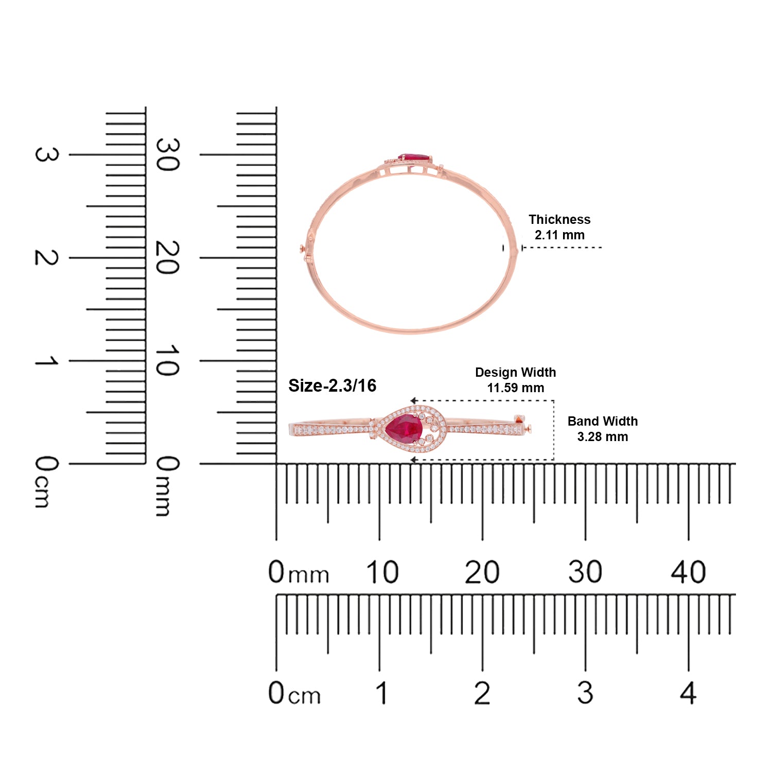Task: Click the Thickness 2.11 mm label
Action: (559, 227)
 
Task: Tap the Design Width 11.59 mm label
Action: (515, 380)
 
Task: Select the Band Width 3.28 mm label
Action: (603, 429)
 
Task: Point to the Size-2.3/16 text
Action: (332, 385)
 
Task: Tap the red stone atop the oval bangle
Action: (414, 157)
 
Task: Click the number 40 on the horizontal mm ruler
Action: (688, 572)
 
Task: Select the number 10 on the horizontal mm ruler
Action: (382, 572)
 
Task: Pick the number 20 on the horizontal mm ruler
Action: (482, 572)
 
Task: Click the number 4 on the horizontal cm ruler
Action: (688, 693)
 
